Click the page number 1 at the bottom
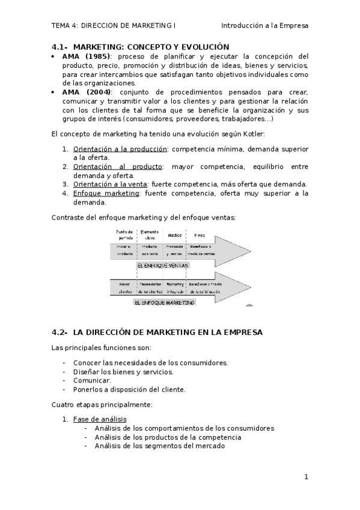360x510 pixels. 306,477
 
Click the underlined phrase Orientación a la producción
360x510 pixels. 118,149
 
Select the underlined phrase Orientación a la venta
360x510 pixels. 111,184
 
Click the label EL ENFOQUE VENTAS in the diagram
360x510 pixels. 162,265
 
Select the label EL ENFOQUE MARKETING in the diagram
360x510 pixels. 165,303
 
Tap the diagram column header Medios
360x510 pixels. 175,235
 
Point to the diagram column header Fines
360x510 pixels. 200,235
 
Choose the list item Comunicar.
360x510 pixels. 92,380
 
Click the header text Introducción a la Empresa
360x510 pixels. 264,26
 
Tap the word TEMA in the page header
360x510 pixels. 60,26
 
